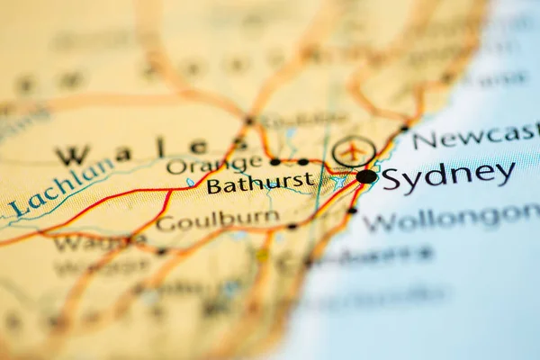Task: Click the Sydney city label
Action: (447, 175)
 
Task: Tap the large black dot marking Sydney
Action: (366, 176)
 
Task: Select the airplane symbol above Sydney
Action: (354, 150)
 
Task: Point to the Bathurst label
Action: (261, 184)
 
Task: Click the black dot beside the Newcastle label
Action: (404, 127)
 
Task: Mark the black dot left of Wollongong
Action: (353, 210)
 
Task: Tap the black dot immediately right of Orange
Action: (274, 162)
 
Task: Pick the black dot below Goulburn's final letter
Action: (292, 226)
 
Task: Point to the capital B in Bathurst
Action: (214, 186)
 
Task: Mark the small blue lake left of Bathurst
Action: (191, 183)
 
